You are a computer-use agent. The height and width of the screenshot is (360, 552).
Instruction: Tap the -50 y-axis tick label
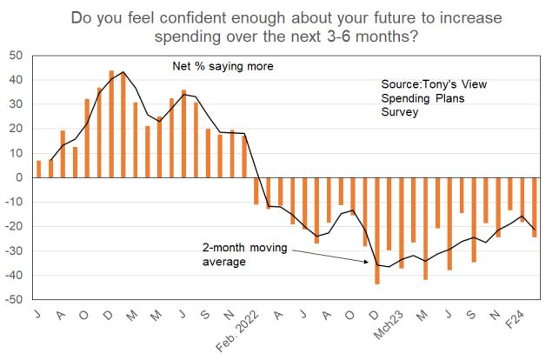click(15, 300)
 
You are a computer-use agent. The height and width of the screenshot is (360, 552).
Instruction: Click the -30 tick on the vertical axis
click(15, 251)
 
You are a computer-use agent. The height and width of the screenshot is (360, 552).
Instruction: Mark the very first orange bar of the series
click(38, 169)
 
